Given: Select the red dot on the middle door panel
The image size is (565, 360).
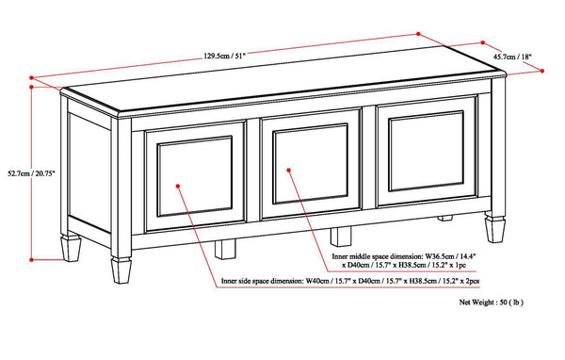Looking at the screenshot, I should [x=291, y=172].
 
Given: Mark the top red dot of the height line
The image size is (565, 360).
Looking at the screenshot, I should [x=34, y=84].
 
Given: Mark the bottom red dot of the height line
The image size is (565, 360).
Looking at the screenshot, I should [x=34, y=257].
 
